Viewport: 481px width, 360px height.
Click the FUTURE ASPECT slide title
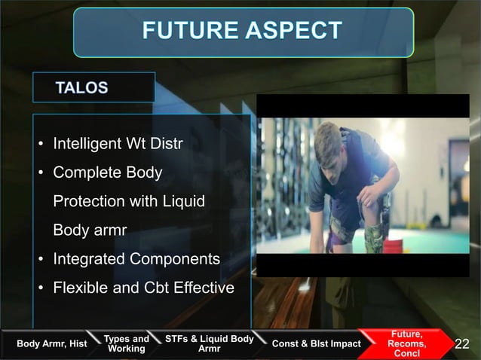click(242, 32)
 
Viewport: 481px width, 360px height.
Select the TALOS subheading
click(81, 88)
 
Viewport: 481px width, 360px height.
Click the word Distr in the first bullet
click(167, 144)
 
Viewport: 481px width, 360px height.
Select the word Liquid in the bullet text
click(185, 202)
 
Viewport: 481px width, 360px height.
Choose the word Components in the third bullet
click(175, 259)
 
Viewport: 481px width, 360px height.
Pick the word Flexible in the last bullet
click(79, 288)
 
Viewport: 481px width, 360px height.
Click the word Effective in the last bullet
click(204, 288)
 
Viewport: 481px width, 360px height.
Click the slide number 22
click(462, 344)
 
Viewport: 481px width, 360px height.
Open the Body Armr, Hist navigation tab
click(51, 344)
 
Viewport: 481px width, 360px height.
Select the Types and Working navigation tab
click(126, 344)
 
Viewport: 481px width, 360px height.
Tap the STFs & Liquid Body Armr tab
click(209, 343)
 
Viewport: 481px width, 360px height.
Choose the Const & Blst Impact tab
click(316, 344)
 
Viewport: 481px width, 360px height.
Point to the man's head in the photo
click(329, 143)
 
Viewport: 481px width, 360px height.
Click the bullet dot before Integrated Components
click(41, 260)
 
